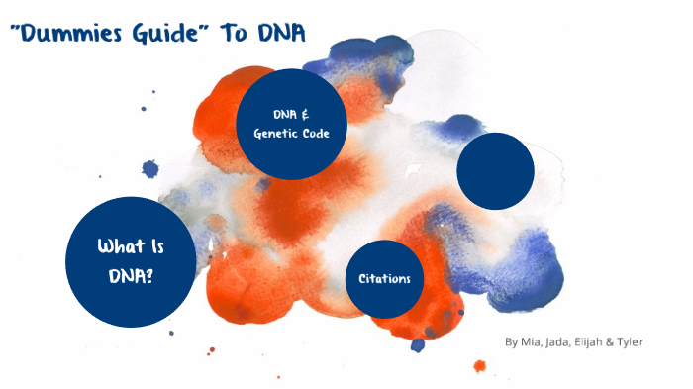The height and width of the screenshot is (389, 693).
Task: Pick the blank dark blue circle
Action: (x=496, y=170)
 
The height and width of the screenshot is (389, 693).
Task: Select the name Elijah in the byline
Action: (x=594, y=342)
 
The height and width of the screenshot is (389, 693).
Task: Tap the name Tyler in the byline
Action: (x=631, y=342)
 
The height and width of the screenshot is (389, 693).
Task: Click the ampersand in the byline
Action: (x=613, y=342)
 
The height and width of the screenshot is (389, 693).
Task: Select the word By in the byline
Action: (x=511, y=342)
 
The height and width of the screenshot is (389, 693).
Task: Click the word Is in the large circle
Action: (x=149, y=247)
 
